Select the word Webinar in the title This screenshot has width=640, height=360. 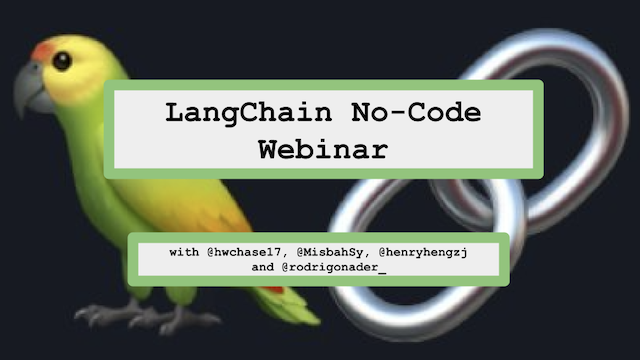tap(320, 150)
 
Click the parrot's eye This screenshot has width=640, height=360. tap(63, 60)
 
